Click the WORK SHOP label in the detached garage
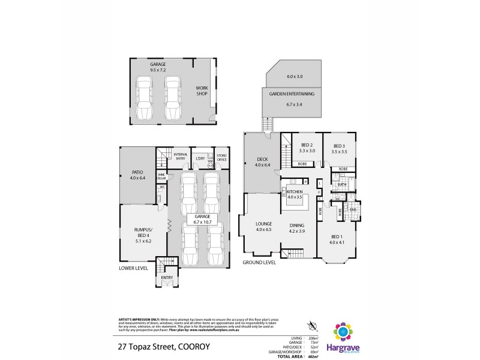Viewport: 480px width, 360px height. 202,90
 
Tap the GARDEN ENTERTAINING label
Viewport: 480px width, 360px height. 292,94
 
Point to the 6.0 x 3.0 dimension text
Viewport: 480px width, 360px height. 295,77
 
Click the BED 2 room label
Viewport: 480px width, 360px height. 307,146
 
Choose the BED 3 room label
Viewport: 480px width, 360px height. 340,146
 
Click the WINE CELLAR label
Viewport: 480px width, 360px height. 161,176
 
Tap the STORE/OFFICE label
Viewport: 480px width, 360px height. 221,157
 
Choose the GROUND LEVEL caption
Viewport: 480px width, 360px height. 259,263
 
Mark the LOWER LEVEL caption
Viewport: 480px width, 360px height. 133,268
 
